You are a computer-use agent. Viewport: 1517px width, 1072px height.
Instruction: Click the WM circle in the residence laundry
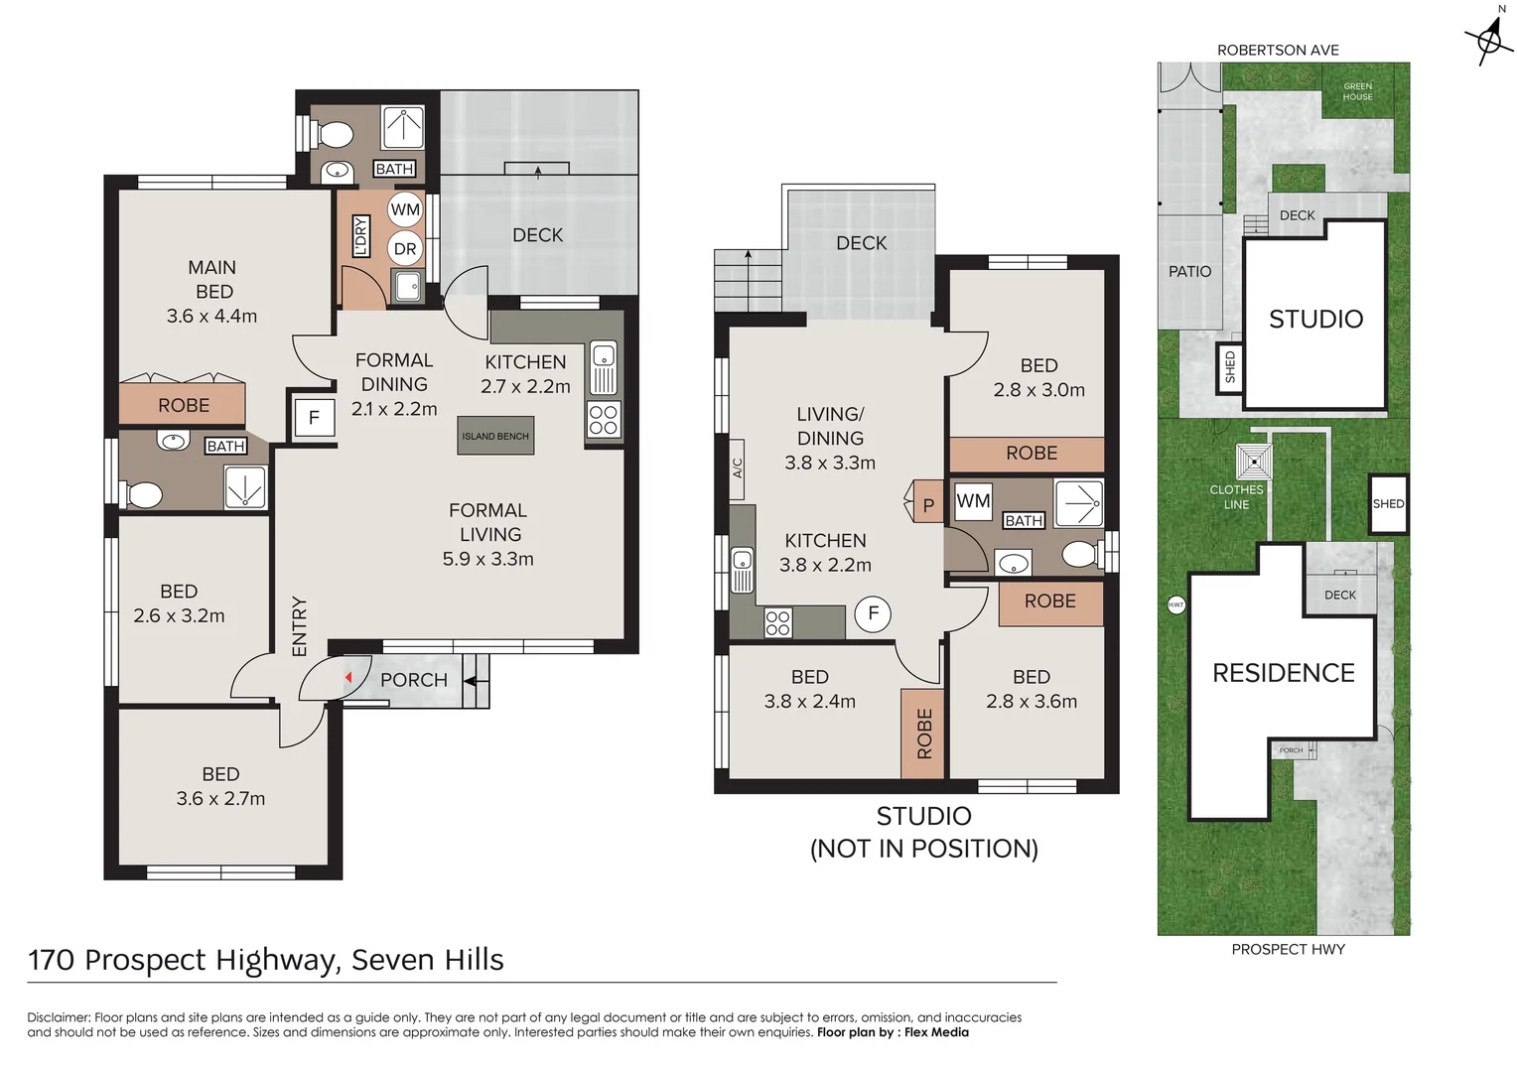(405, 209)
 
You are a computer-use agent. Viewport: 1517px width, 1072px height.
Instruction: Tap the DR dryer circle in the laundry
(405, 249)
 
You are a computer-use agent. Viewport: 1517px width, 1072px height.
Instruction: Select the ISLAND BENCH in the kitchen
(495, 436)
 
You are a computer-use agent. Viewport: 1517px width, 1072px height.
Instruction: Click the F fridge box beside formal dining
(314, 418)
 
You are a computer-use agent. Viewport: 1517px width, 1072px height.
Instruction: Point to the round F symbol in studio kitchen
(874, 613)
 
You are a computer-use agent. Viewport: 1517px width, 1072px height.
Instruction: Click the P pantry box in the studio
(928, 504)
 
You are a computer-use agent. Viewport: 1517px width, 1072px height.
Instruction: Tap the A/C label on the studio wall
(738, 468)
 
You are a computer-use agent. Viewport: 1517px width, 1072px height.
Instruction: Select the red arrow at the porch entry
(348, 678)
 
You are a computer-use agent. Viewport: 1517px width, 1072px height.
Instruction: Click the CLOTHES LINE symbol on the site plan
(1254, 462)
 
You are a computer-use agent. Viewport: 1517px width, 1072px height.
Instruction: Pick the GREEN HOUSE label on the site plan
(1357, 92)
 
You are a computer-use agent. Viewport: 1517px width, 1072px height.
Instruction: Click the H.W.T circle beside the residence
(1175, 604)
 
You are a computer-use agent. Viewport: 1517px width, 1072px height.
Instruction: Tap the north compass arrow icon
(1489, 37)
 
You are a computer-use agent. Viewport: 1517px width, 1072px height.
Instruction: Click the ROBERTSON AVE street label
(1278, 50)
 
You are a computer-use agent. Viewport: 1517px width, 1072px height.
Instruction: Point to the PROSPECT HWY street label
(1288, 950)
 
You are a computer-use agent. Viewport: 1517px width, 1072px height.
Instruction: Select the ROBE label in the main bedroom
(184, 405)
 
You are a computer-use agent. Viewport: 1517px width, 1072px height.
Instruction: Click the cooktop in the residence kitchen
(604, 420)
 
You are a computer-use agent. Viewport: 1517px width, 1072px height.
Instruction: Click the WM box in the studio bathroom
(973, 501)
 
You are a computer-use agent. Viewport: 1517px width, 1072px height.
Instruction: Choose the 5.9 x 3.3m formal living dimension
(487, 559)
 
